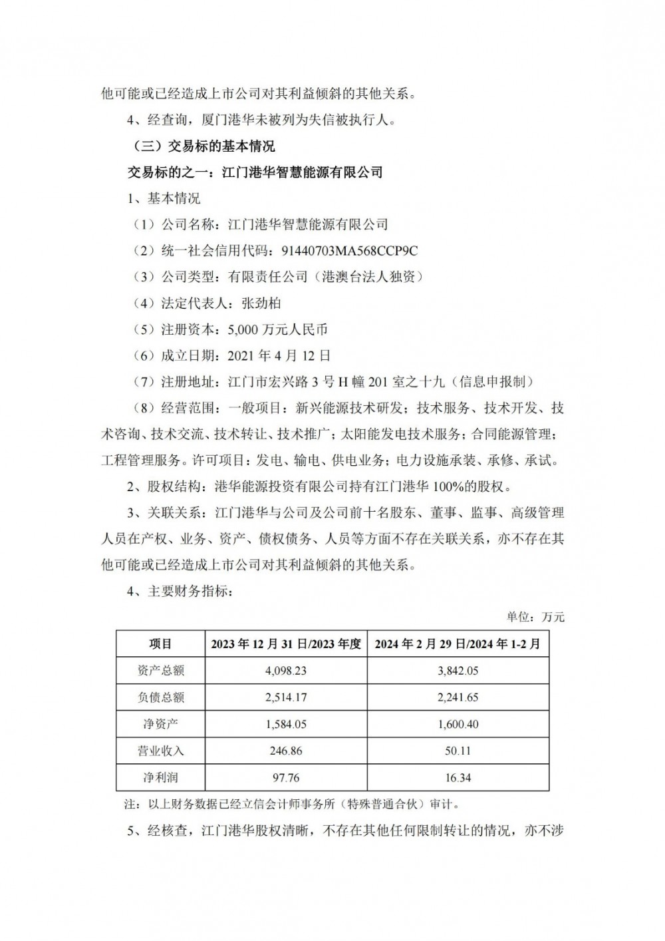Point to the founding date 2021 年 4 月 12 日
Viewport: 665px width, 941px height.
point(279,355)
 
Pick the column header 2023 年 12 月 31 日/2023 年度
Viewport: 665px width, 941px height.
point(285,644)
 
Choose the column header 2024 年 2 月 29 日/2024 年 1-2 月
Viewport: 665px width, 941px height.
point(458,644)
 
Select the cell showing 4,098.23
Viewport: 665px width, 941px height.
point(285,671)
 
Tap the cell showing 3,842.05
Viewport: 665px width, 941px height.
point(458,671)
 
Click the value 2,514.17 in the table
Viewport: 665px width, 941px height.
point(285,697)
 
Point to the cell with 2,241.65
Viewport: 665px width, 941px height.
point(458,697)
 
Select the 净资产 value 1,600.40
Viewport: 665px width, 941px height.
point(458,724)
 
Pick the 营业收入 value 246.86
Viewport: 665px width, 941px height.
point(285,751)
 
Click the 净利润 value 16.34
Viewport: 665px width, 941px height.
point(458,777)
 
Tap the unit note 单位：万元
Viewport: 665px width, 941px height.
point(535,617)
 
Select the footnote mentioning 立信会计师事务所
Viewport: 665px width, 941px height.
point(293,804)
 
